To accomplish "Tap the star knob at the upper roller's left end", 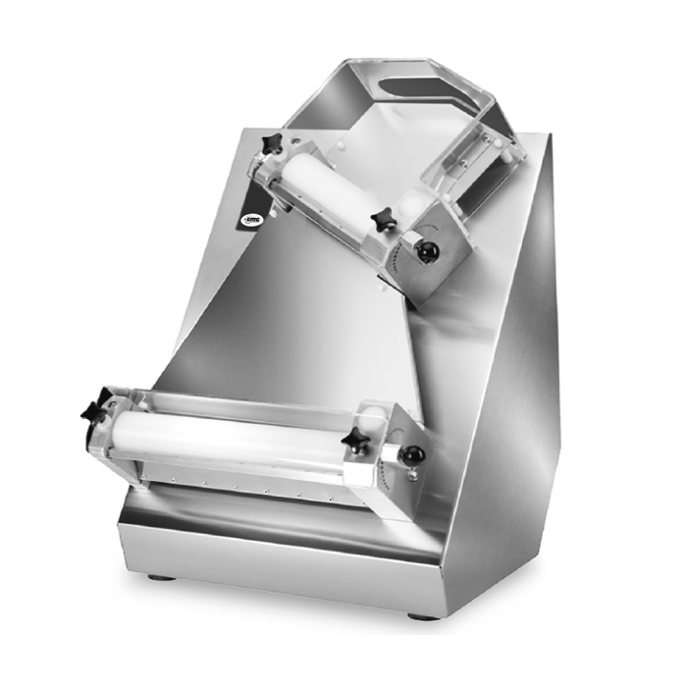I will tap(272, 144).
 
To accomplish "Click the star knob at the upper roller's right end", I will tap(384, 222).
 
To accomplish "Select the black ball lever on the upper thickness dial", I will tap(426, 252).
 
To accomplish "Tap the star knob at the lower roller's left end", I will tap(95, 409).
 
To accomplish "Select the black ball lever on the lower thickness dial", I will tap(413, 455).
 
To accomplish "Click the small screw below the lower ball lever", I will tap(411, 477).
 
